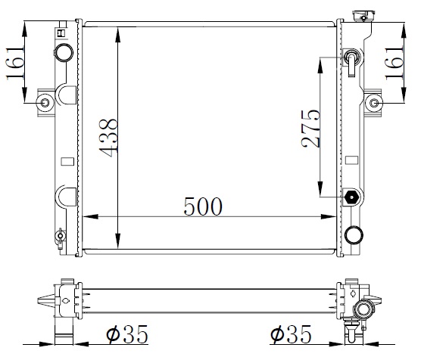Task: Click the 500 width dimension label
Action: click(x=203, y=206)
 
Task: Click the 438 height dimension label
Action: click(x=108, y=138)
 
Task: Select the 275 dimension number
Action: click(x=310, y=129)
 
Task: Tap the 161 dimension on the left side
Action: click(x=15, y=63)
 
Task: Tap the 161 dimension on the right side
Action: click(x=394, y=64)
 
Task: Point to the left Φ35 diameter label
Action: click(x=127, y=334)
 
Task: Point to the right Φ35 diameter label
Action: click(x=291, y=334)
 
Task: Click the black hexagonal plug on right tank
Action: click(x=351, y=197)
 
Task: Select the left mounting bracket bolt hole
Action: click(x=45, y=103)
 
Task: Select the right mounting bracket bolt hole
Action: click(x=374, y=103)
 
